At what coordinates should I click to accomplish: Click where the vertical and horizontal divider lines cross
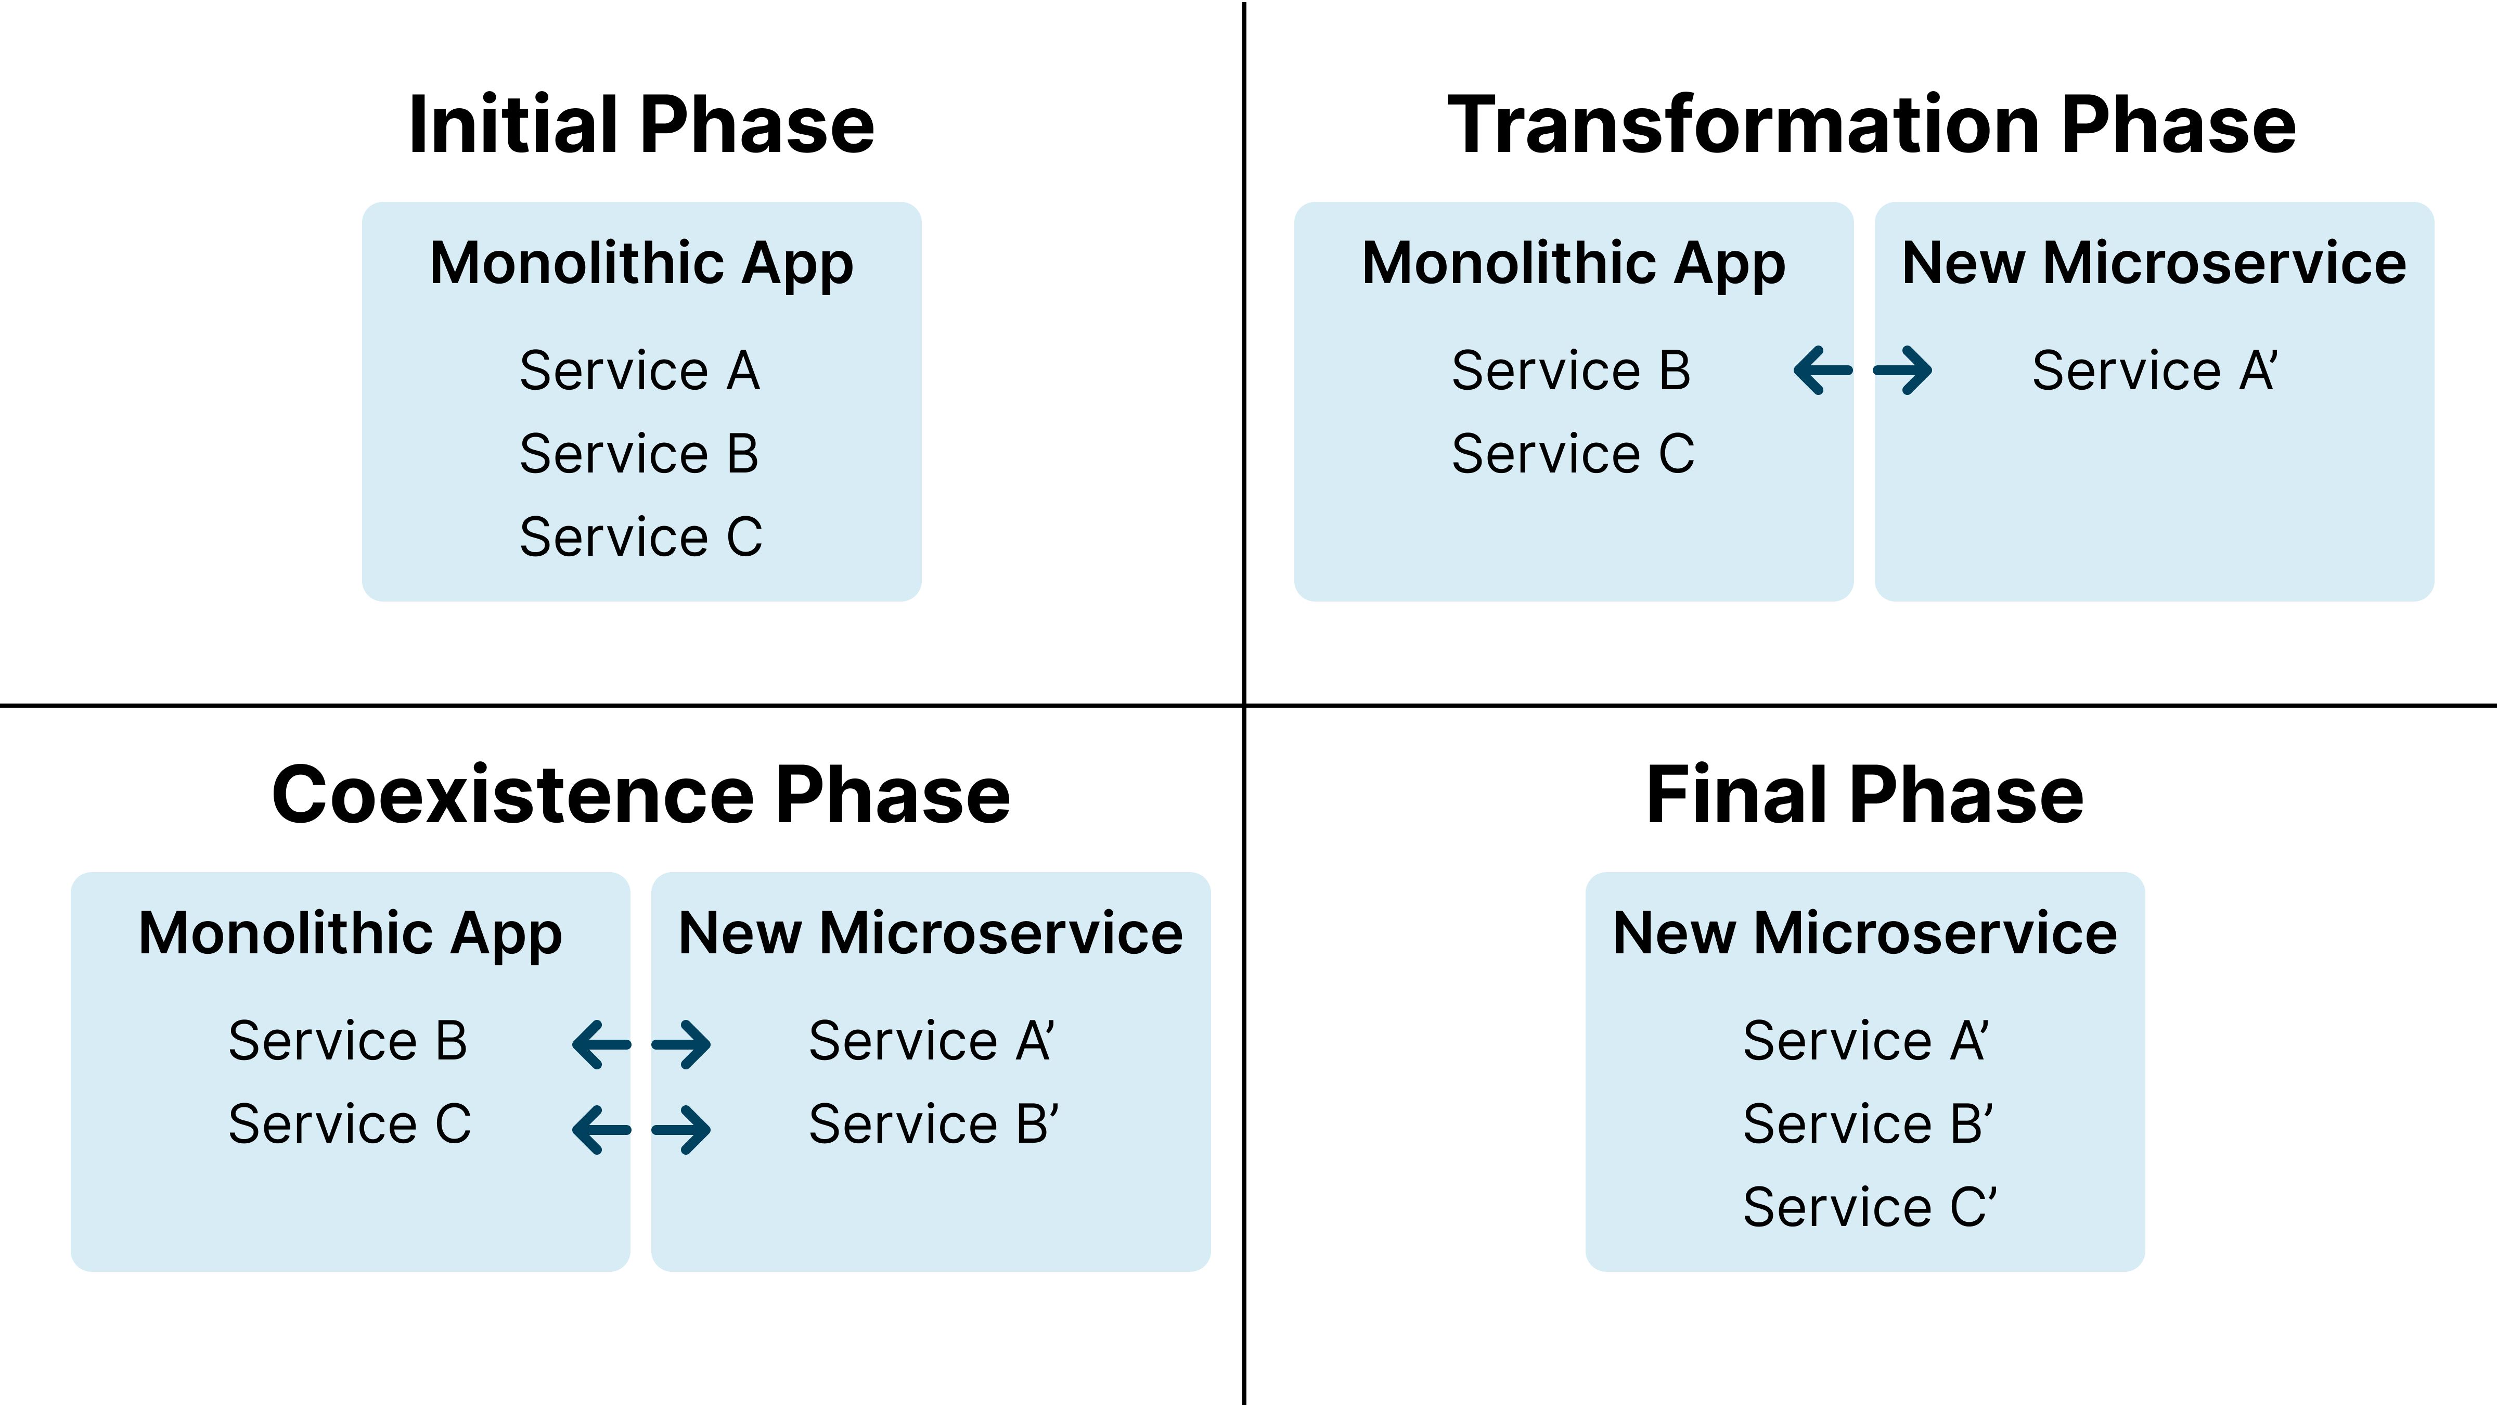(1244, 705)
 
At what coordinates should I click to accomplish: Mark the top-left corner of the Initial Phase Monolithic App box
(363, 202)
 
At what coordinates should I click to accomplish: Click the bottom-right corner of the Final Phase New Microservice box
(2144, 1271)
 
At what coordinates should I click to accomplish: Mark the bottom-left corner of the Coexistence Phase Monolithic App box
(72, 1271)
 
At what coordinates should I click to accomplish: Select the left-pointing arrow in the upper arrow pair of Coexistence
(602, 1044)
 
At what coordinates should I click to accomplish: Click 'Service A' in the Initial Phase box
(640, 371)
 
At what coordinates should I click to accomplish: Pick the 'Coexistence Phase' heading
(641, 795)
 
